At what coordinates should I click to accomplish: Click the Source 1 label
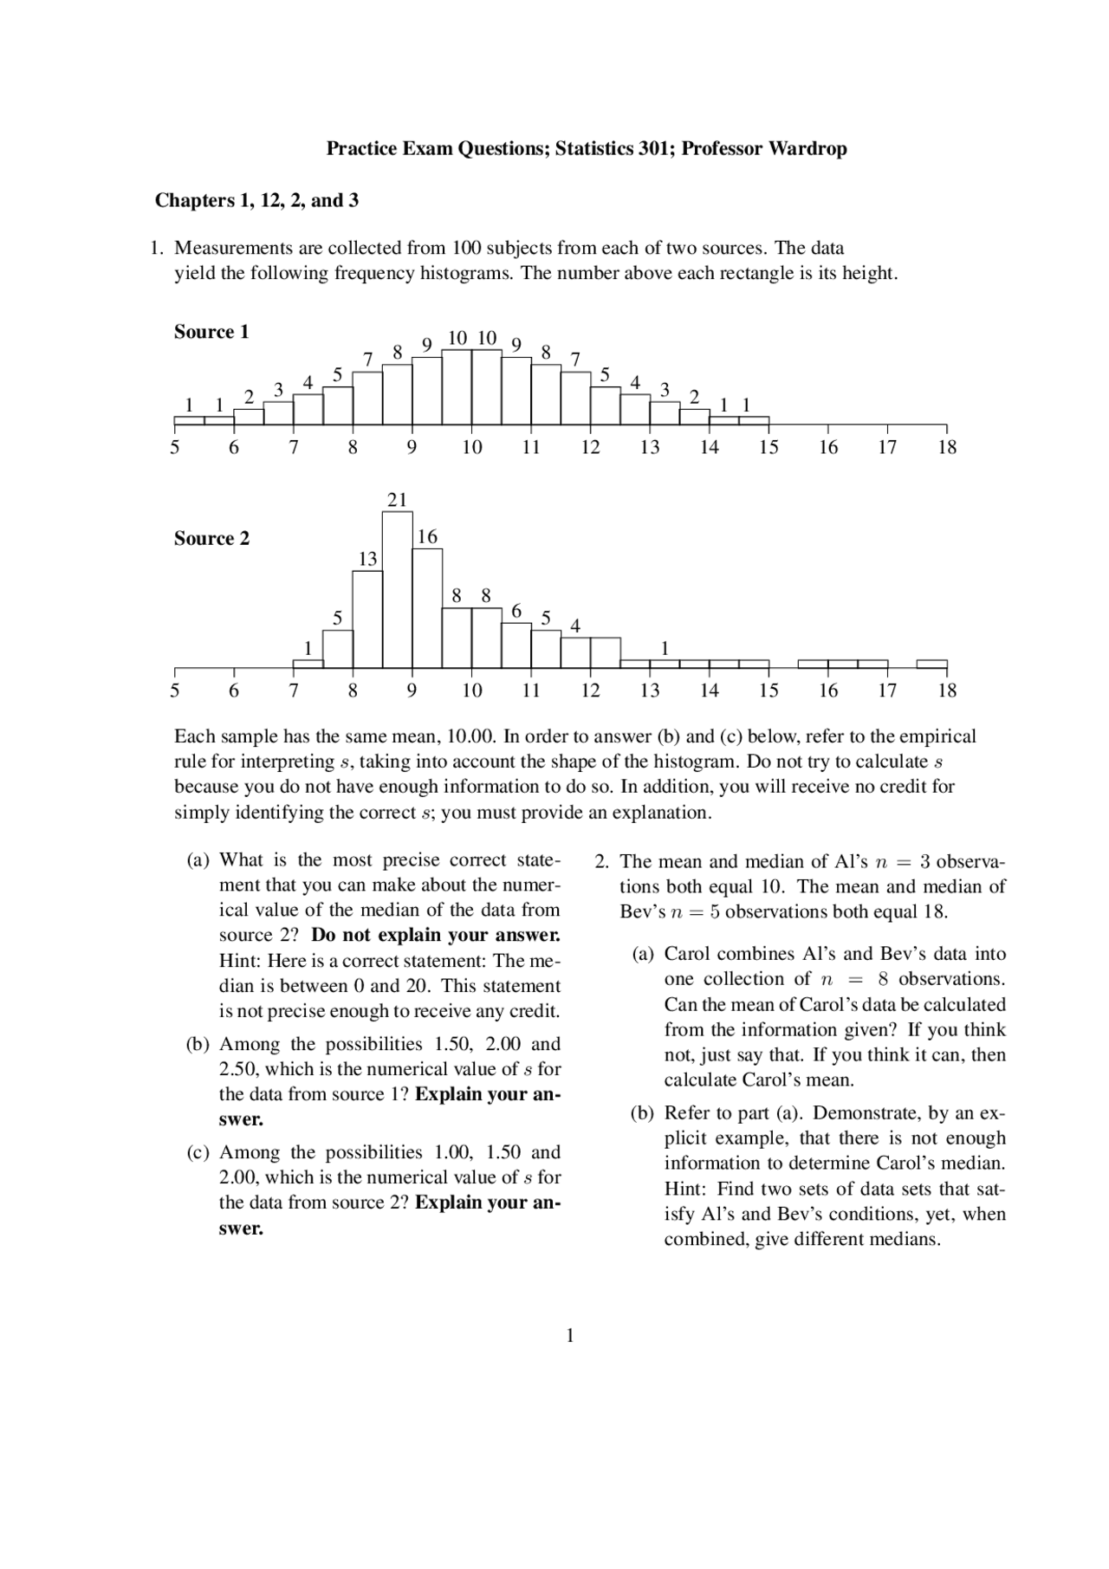coord(211,332)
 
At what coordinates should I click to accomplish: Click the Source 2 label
coord(211,538)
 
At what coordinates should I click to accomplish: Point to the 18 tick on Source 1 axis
coord(947,447)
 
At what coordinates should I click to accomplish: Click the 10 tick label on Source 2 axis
coord(471,690)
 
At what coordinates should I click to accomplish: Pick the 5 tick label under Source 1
coord(175,447)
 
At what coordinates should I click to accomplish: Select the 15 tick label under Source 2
coord(769,690)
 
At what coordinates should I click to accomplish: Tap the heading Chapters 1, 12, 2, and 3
coord(256,200)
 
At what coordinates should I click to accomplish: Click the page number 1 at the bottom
coord(569,1335)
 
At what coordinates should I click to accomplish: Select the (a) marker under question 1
coord(198,859)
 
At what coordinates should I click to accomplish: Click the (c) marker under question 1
coord(198,1152)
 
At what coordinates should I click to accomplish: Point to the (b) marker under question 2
coord(643,1112)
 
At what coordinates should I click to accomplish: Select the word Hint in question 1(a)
coord(240,961)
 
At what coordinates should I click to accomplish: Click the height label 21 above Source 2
coord(397,500)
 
